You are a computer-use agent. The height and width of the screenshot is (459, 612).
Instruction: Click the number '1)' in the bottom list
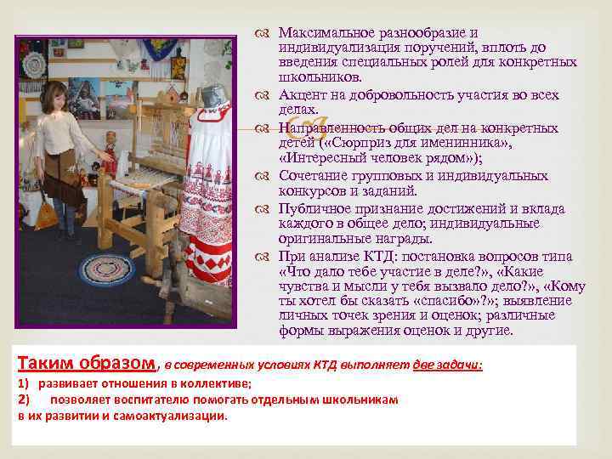point(25,383)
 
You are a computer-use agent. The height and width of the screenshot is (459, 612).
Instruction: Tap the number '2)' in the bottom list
point(25,399)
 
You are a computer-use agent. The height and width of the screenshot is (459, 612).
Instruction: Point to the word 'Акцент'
point(302,95)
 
